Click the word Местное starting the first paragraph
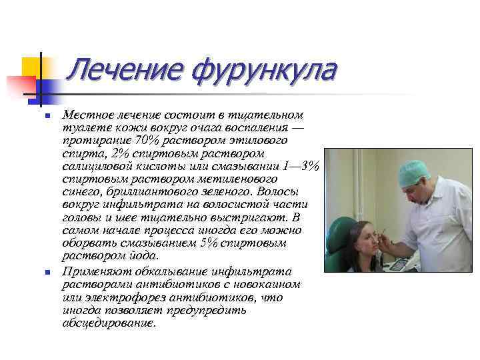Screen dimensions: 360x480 [x=85, y=115]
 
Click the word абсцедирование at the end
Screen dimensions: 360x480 [x=107, y=323]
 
